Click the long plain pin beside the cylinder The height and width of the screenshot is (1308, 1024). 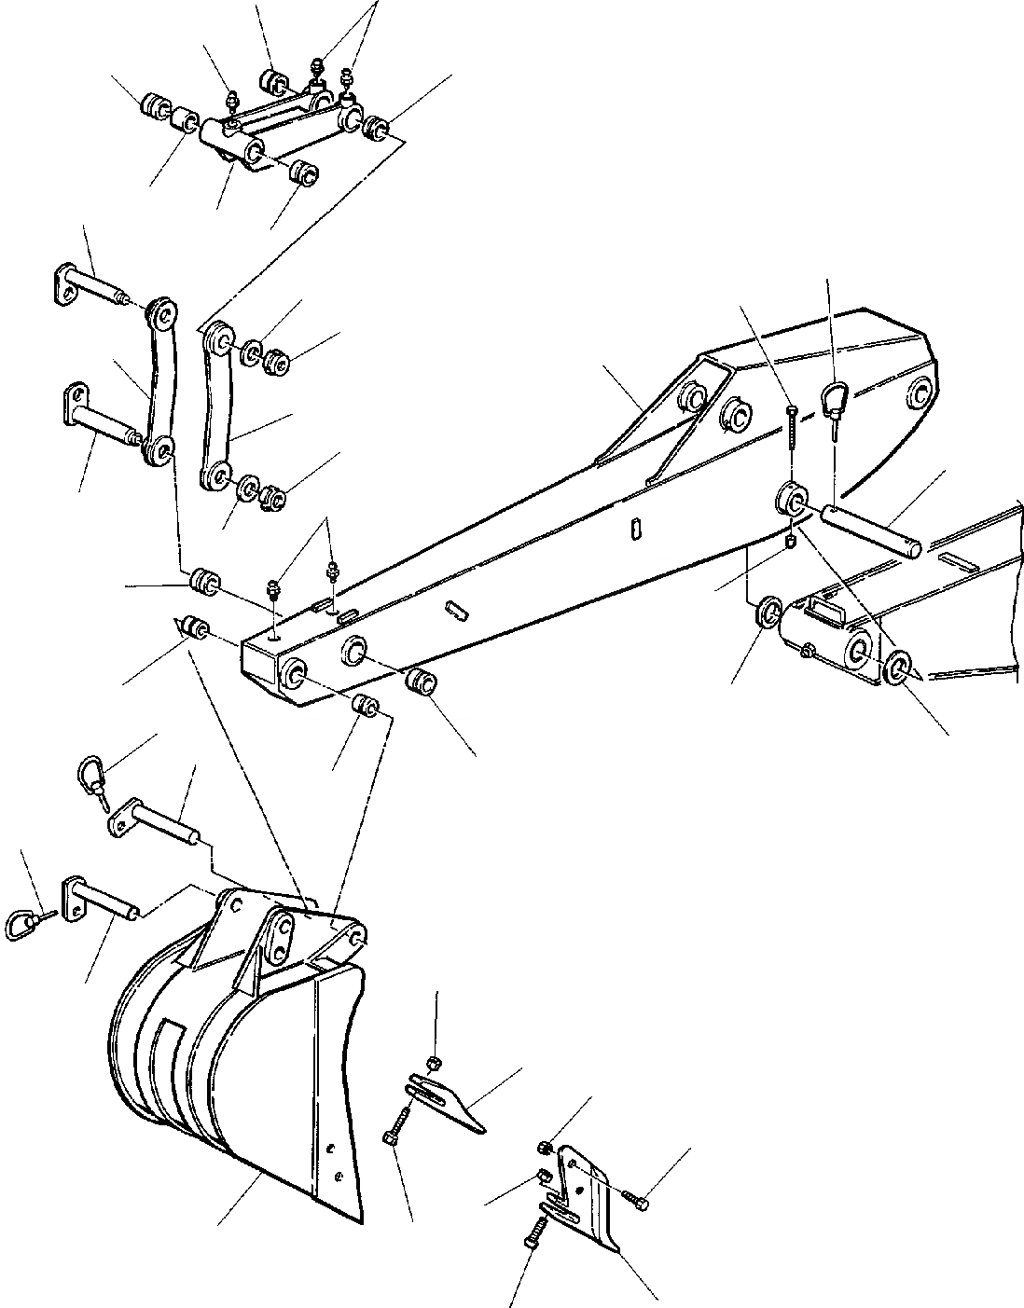[x=872, y=530]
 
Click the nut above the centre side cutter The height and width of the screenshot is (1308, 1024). [x=435, y=1063]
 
